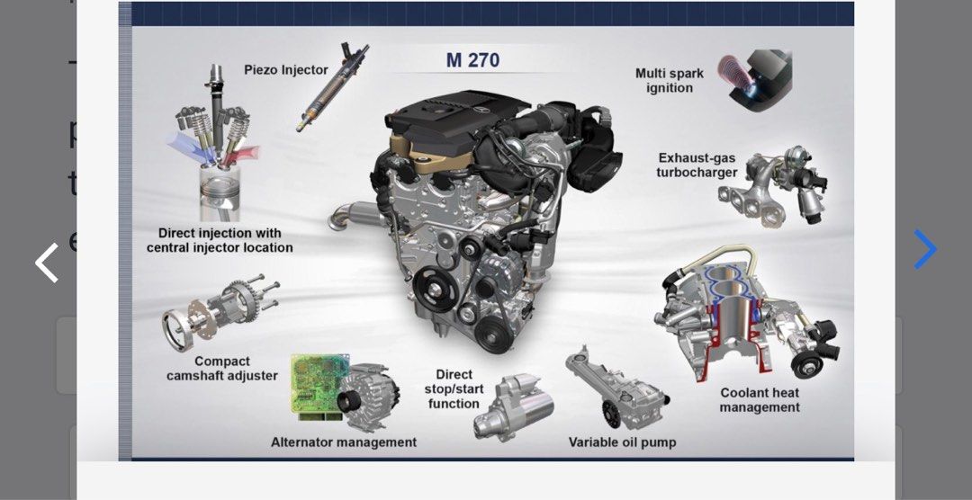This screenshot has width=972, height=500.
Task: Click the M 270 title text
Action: click(472, 61)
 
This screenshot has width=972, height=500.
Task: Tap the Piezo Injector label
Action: click(286, 70)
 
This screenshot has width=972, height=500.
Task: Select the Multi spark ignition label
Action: click(670, 81)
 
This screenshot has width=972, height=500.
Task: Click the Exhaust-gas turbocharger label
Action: click(697, 165)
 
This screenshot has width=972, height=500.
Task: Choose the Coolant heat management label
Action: click(760, 400)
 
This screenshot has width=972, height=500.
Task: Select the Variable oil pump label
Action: click(622, 442)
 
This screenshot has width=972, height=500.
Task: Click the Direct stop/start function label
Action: click(454, 389)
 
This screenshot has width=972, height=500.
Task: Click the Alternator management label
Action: click(344, 442)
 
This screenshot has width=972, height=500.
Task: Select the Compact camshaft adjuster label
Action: click(221, 369)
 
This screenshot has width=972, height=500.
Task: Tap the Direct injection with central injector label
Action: click(220, 240)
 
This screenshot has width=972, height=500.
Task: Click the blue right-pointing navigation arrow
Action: click(925, 249)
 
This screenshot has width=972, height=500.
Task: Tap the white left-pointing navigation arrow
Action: click(47, 263)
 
